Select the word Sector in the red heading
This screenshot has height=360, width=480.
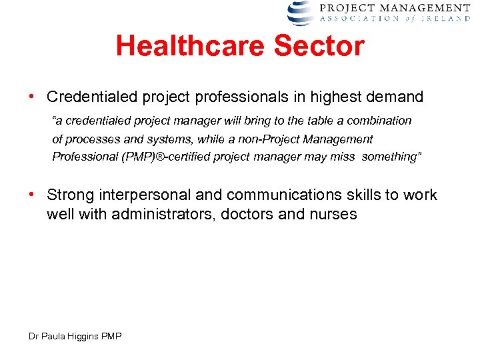click(326, 47)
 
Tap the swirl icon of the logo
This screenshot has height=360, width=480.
click(300, 13)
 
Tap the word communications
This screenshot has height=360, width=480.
click(284, 195)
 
